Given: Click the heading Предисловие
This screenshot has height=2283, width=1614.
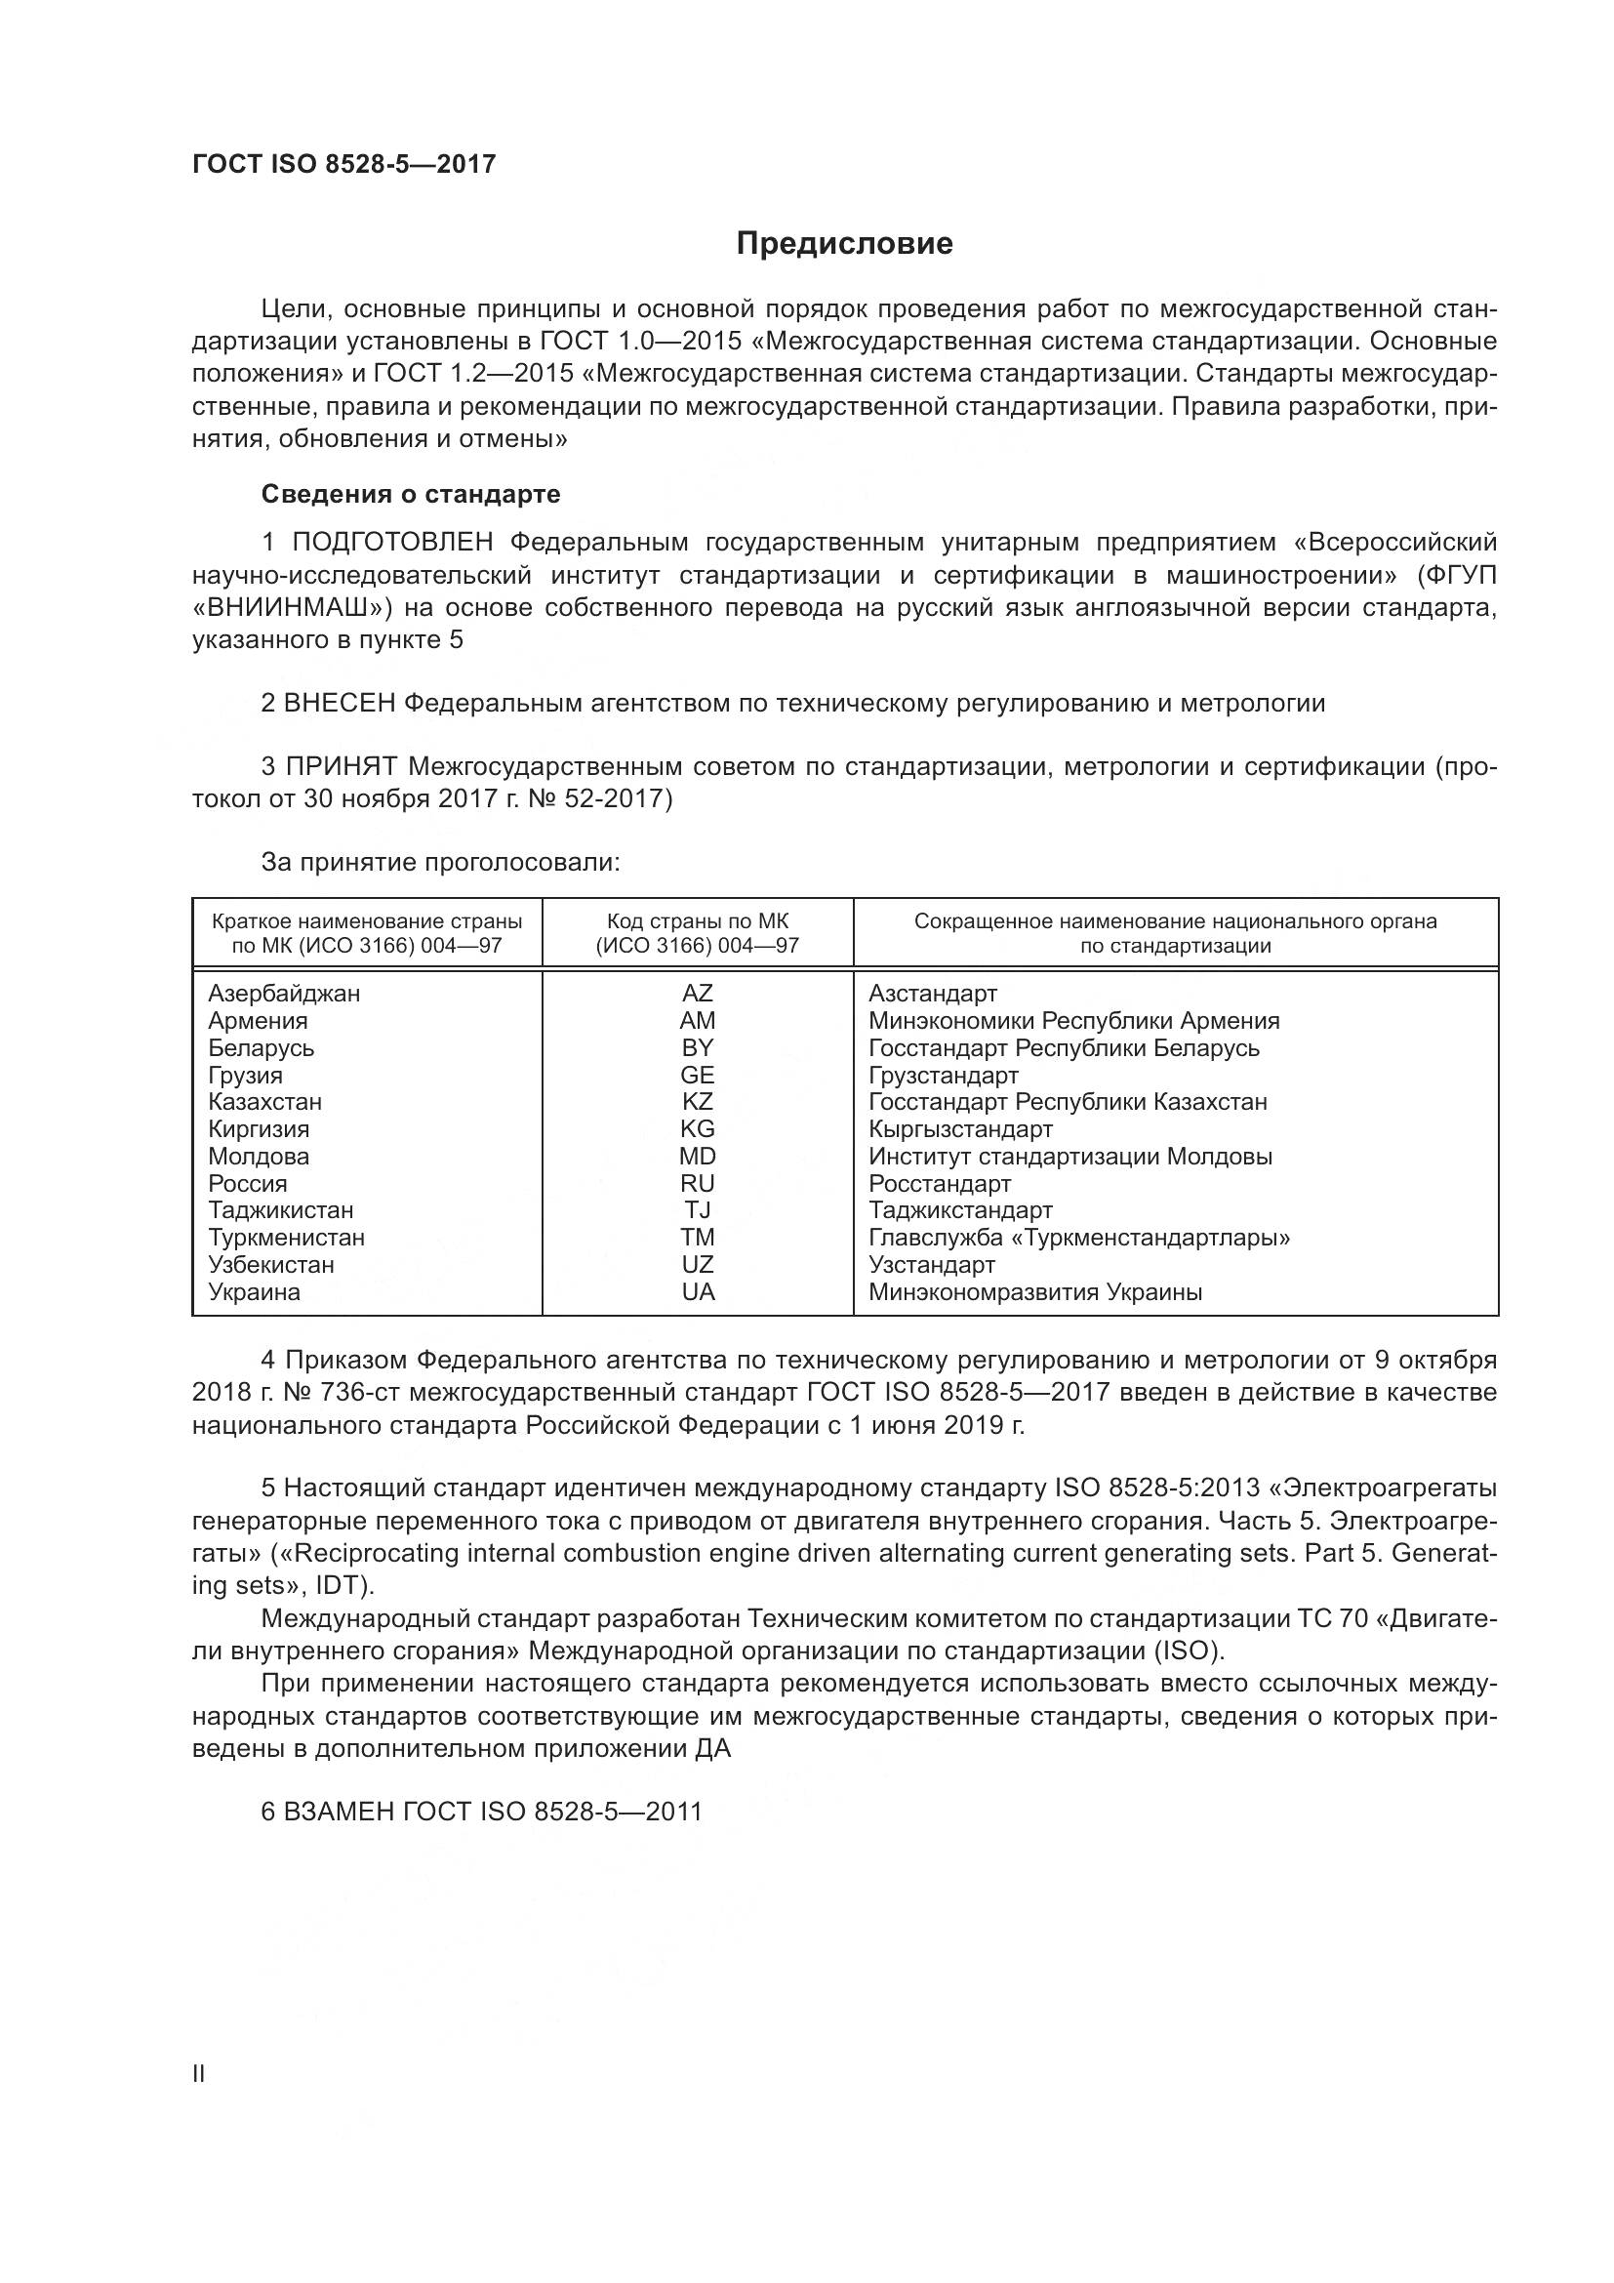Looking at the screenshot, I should [x=844, y=244].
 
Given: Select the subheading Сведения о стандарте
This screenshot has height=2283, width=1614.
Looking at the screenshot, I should [x=411, y=494].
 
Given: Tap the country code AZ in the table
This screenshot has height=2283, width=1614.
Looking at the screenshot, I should [x=697, y=994].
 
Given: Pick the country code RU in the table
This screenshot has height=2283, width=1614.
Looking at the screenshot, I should [x=697, y=1183].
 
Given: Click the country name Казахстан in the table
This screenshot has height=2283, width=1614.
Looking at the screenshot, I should [x=264, y=1102].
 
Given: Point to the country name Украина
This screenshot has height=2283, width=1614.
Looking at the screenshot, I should [x=254, y=1291].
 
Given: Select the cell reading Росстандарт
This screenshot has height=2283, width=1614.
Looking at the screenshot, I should [x=939, y=1183].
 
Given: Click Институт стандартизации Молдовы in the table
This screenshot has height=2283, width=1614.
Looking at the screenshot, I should [x=1069, y=1157].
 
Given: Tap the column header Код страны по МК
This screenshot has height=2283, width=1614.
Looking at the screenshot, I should [x=697, y=921].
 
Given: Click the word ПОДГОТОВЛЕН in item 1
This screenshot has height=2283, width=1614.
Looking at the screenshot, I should [x=391, y=542].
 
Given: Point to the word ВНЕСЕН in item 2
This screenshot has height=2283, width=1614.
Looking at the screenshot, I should [x=339, y=703].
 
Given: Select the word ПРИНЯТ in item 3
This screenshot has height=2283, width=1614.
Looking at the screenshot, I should [x=342, y=766].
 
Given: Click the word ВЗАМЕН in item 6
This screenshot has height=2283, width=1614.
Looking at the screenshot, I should [x=339, y=1811].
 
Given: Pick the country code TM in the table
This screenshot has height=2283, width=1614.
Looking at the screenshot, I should [x=697, y=1237].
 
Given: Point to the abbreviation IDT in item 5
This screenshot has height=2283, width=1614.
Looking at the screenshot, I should [x=339, y=1585].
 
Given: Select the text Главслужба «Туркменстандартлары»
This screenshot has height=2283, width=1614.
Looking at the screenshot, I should [x=1078, y=1237].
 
